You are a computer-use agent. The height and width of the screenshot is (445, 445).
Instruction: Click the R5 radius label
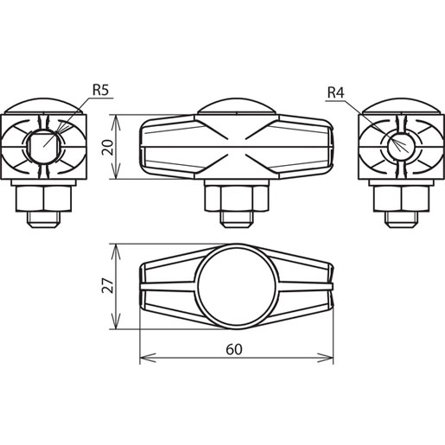100,90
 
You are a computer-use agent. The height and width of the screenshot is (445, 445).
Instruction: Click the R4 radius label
336,92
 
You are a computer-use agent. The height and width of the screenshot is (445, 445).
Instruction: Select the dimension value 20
107,147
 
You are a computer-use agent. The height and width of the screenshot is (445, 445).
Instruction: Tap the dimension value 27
107,285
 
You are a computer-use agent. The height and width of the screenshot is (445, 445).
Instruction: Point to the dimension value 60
234,349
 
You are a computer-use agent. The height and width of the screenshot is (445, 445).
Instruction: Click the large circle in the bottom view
198,287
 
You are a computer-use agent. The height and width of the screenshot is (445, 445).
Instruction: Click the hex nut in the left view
44,199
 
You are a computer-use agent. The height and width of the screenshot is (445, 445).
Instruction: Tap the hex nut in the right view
401,199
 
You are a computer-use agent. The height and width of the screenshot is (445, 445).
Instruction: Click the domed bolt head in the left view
44,105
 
